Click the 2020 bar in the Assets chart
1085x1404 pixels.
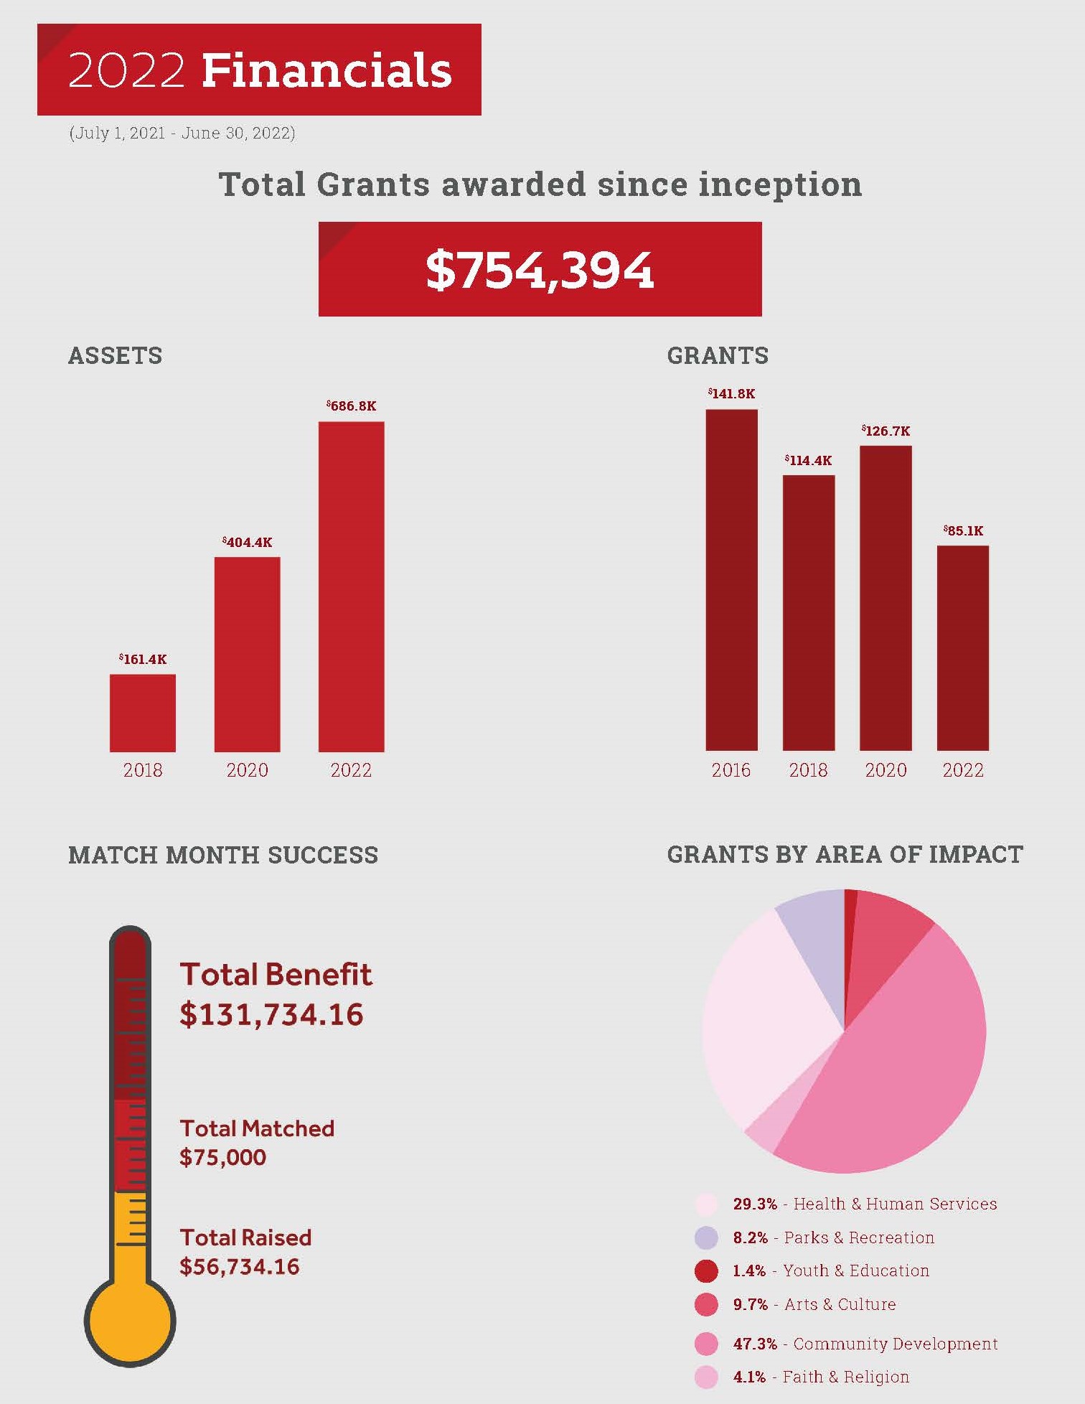[x=247, y=654]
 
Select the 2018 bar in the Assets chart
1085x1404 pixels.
[x=142, y=713]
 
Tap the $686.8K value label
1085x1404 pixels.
[x=352, y=406]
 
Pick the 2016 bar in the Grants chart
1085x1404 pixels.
[x=731, y=580]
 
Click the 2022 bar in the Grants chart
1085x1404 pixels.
[x=962, y=648]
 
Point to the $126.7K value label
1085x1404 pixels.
[x=886, y=431]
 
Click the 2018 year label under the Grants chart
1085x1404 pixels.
[x=808, y=770]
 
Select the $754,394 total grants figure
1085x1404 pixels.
[x=540, y=270]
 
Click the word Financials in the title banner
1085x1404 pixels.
[x=327, y=70]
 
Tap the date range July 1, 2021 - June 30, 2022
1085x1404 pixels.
[x=182, y=134]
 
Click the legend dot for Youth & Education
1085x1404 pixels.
[x=706, y=1271]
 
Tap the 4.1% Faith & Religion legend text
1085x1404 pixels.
[x=821, y=1377]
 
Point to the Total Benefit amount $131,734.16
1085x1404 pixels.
[x=271, y=1014]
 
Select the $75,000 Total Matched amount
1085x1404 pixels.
[x=222, y=1157]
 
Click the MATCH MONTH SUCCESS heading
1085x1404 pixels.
[x=223, y=855]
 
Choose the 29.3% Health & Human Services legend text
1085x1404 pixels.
[x=865, y=1204]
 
